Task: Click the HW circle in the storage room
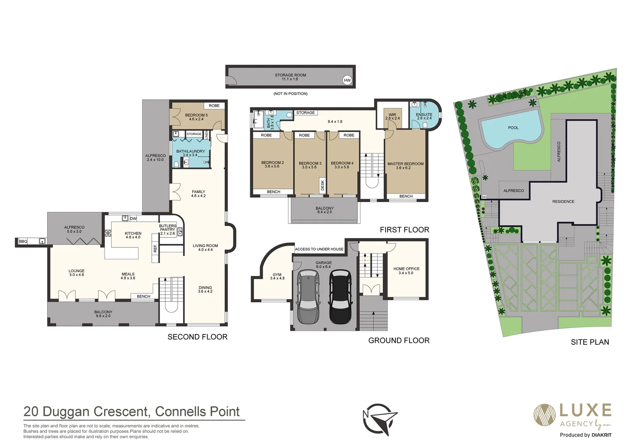pos(347,80)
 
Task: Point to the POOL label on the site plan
pos(513,128)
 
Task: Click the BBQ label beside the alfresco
pos(23,241)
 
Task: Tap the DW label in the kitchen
pos(133,218)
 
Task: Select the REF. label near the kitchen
pos(156,248)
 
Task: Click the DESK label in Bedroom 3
pos(323,185)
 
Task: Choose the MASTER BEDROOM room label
pos(405,164)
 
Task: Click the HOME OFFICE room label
pos(406,269)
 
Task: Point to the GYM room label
pos(277,275)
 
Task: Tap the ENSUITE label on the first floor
pos(424,114)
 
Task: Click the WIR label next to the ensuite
pos(393,115)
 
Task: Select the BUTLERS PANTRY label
pos(168,228)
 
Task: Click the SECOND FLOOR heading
pos(197,337)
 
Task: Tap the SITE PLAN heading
pos(589,342)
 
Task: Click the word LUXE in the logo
pos(585,410)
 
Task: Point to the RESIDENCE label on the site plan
pos(563,202)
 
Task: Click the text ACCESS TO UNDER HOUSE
pos(319,249)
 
